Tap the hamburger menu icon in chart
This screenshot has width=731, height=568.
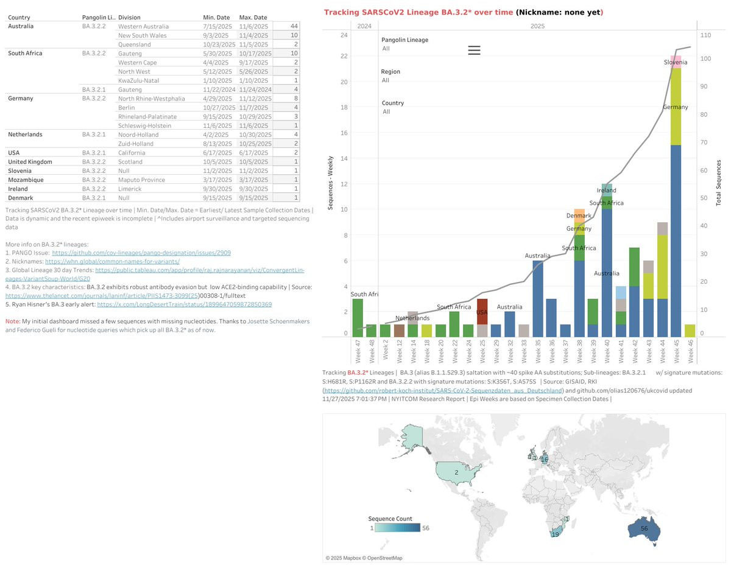tap(475, 51)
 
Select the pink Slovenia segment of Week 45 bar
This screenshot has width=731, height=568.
tap(675, 61)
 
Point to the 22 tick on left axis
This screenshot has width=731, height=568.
tap(344, 56)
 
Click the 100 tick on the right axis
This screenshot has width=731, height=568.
tap(705, 58)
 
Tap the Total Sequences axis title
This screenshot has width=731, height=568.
tap(719, 183)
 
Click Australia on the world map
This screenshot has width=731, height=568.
tap(643, 528)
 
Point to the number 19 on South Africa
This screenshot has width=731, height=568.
tap(555, 535)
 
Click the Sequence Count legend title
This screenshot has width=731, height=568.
tap(389, 518)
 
